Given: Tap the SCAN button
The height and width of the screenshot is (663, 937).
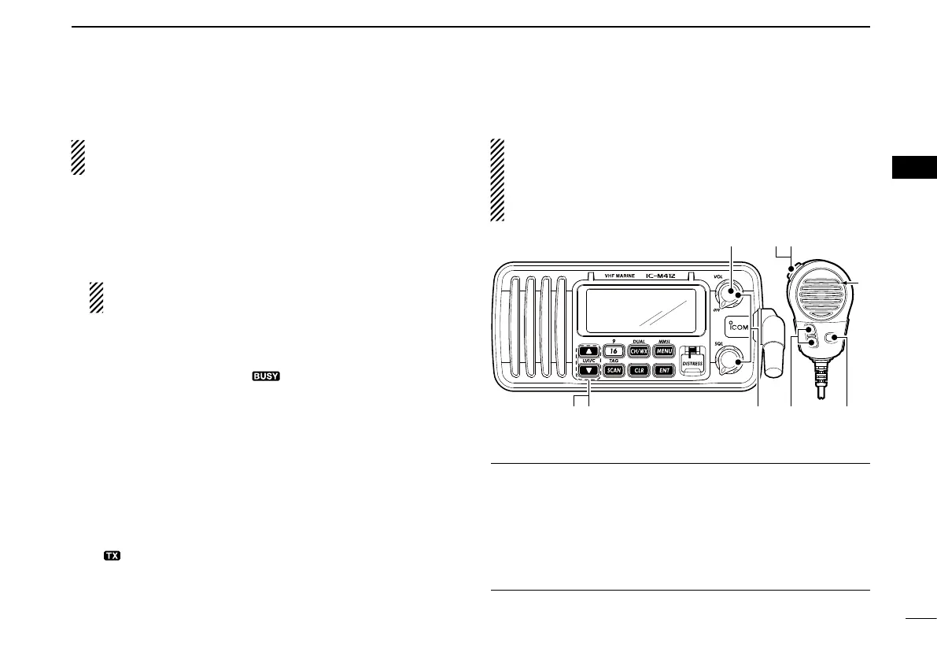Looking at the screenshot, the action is click(x=614, y=369).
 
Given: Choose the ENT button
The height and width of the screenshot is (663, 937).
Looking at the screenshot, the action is click(x=664, y=369).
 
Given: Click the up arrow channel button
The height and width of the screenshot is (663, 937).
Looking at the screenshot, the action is click(x=588, y=351).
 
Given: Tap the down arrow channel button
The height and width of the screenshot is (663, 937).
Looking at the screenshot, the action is click(x=588, y=369).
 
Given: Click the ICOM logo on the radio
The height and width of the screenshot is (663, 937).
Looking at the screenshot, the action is click(x=739, y=325).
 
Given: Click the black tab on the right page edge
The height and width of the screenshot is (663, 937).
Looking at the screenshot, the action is click(x=915, y=168).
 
